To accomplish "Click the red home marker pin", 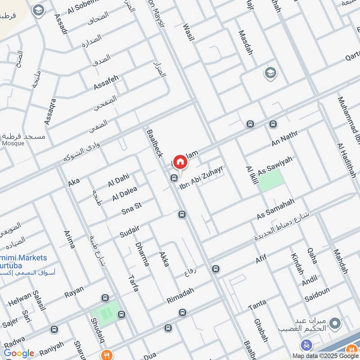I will click(180, 162).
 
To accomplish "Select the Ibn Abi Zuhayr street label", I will click(202, 177).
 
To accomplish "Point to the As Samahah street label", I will click(275, 209).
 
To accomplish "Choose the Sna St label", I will click(131, 208).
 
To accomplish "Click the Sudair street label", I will click(130, 231).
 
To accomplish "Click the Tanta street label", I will click(257, 306).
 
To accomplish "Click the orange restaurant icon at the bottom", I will click(106, 354).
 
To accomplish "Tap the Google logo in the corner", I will click(19, 353).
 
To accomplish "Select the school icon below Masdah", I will click(270, 73).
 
